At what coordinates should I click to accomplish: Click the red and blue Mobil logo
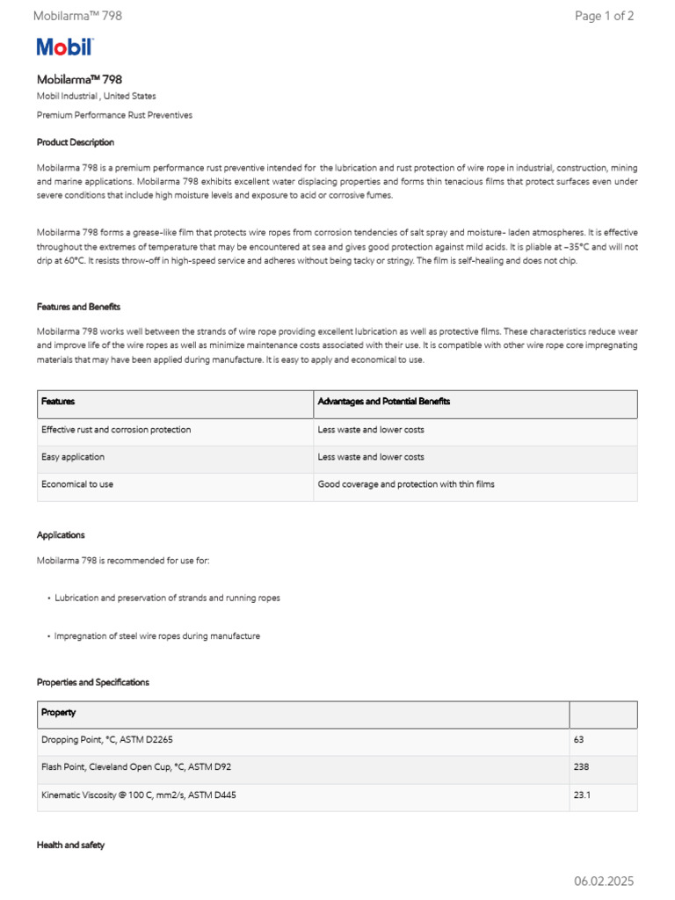tap(64, 47)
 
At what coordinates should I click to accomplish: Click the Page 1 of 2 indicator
tap(604, 16)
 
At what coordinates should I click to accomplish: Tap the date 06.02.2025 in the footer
tap(604, 881)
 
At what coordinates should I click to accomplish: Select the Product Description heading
tap(76, 142)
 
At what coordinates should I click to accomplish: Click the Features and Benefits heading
tap(78, 307)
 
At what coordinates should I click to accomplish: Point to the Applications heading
tap(61, 534)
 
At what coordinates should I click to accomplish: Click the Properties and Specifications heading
tap(93, 682)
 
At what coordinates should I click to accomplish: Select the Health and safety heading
tap(70, 845)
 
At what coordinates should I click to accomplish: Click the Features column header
tap(58, 402)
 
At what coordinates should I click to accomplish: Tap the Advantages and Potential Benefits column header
tap(384, 402)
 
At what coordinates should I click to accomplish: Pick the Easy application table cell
tap(73, 457)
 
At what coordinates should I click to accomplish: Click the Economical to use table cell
tap(77, 484)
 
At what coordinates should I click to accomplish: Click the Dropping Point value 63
tap(579, 740)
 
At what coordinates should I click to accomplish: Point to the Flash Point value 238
tap(581, 767)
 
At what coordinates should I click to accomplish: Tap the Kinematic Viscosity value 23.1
tap(582, 795)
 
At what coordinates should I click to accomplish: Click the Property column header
tap(59, 712)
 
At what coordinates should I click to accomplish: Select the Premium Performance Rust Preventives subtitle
tap(114, 115)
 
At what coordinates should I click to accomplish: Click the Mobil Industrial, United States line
tap(97, 96)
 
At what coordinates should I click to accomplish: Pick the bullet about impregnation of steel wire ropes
tap(157, 635)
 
